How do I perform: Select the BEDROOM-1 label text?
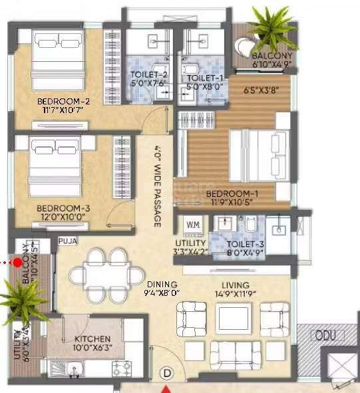232,194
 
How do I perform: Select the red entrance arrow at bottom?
167,388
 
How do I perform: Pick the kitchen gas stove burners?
122,367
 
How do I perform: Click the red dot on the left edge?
17,263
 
